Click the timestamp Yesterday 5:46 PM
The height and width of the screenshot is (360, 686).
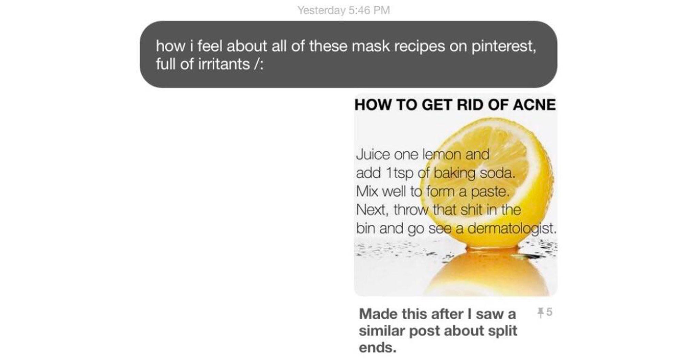pos(344,10)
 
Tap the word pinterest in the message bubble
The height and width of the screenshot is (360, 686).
pos(503,46)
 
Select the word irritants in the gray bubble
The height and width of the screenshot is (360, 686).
pos(224,64)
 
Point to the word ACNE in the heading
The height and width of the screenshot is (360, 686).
pos(534,105)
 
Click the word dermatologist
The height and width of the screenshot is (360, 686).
pos(511,228)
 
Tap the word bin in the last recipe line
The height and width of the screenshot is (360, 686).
pos(366,228)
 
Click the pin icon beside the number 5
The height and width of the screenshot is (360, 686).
pos(540,312)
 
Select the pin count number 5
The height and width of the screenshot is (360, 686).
pos(549,312)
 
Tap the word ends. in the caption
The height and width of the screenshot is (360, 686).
pos(378,348)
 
